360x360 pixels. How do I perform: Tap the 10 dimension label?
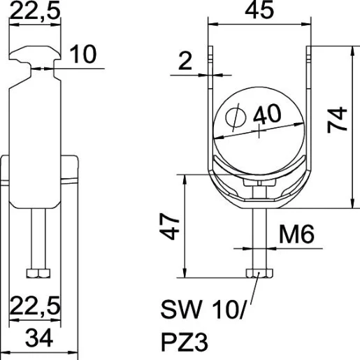(x=85, y=56)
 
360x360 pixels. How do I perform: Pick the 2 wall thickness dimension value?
(x=184, y=62)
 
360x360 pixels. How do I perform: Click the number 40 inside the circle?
(x=268, y=114)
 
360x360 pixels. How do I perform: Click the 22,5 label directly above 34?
(x=34, y=305)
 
